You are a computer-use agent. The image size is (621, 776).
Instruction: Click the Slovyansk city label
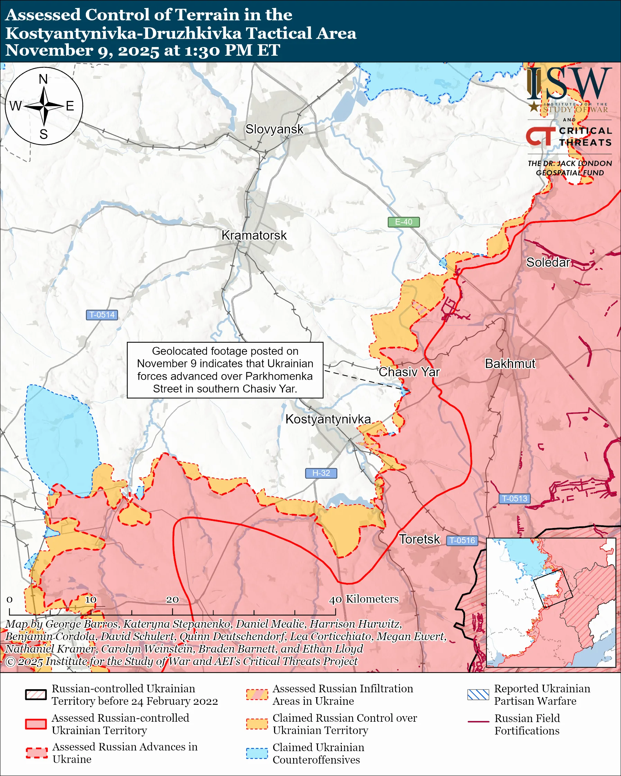coord(274,129)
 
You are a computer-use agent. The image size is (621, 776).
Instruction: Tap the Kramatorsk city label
coord(254,235)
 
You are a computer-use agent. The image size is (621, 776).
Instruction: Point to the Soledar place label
coord(548,262)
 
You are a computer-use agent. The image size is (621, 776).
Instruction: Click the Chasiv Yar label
coord(409,372)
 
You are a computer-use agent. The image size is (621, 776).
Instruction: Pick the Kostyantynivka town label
coord(328,419)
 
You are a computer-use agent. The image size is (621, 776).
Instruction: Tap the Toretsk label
coord(419,539)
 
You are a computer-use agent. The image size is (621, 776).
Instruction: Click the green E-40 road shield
coord(403,222)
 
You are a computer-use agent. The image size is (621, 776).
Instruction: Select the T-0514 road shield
coord(102,315)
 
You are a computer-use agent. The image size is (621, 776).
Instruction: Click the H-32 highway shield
coord(321,473)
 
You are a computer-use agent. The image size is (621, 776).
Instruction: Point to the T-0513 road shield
coord(514,499)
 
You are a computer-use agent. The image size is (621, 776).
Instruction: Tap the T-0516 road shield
coord(462,540)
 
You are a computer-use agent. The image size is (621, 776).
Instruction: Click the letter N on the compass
coord(43,79)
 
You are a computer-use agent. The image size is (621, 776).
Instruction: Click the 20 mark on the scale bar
coord(172,600)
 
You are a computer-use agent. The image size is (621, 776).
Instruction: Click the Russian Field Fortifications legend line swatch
coord(478,722)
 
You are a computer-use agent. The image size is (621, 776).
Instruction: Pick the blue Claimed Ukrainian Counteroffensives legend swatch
coord(257,753)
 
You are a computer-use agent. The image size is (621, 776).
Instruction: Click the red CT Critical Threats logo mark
coord(540,136)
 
